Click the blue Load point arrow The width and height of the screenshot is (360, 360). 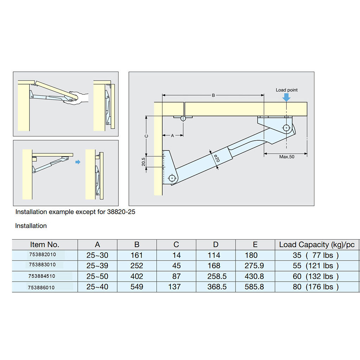point(286,97)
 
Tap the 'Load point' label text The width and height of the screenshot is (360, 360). point(287,90)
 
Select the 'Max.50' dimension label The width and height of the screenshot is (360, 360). point(287,157)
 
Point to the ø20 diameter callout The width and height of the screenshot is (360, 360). point(217,159)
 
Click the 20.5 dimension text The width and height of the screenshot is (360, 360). point(143,162)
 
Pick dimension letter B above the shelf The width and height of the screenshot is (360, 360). point(213,95)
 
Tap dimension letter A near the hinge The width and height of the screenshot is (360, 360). point(172,136)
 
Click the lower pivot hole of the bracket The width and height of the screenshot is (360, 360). point(172,178)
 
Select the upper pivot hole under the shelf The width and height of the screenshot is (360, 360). point(286,128)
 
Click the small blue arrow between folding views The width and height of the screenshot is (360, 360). point(78,162)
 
